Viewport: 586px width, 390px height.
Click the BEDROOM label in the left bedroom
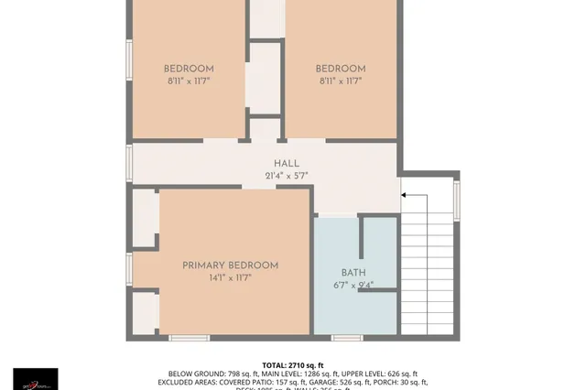tap(189, 69)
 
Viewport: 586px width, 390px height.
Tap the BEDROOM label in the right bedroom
tap(341, 69)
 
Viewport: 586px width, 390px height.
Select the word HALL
tap(286, 163)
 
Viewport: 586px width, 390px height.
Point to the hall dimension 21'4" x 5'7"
tap(286, 176)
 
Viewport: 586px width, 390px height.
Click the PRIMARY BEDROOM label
tap(230, 265)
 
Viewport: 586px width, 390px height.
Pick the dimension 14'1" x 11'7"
tap(230, 277)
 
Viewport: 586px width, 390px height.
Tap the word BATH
tap(353, 272)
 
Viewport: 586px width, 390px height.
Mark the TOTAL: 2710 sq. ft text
tap(293, 363)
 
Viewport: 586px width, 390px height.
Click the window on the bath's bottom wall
tap(346, 338)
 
